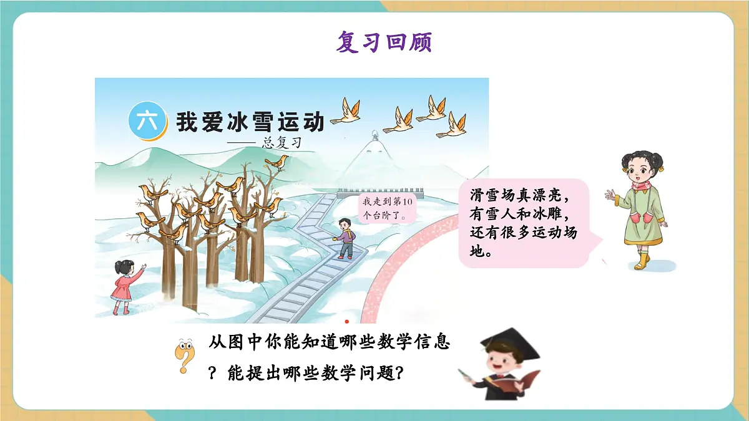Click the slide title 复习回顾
coord(384,42)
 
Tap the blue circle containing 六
coord(147,122)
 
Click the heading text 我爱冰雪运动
coord(250,121)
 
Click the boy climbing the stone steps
coord(344,239)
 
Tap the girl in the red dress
coord(124,287)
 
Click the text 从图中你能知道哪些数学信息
coord(330,344)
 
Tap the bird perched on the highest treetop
coord(276,162)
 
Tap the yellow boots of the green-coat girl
coord(641,261)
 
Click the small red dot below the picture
coord(347,322)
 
